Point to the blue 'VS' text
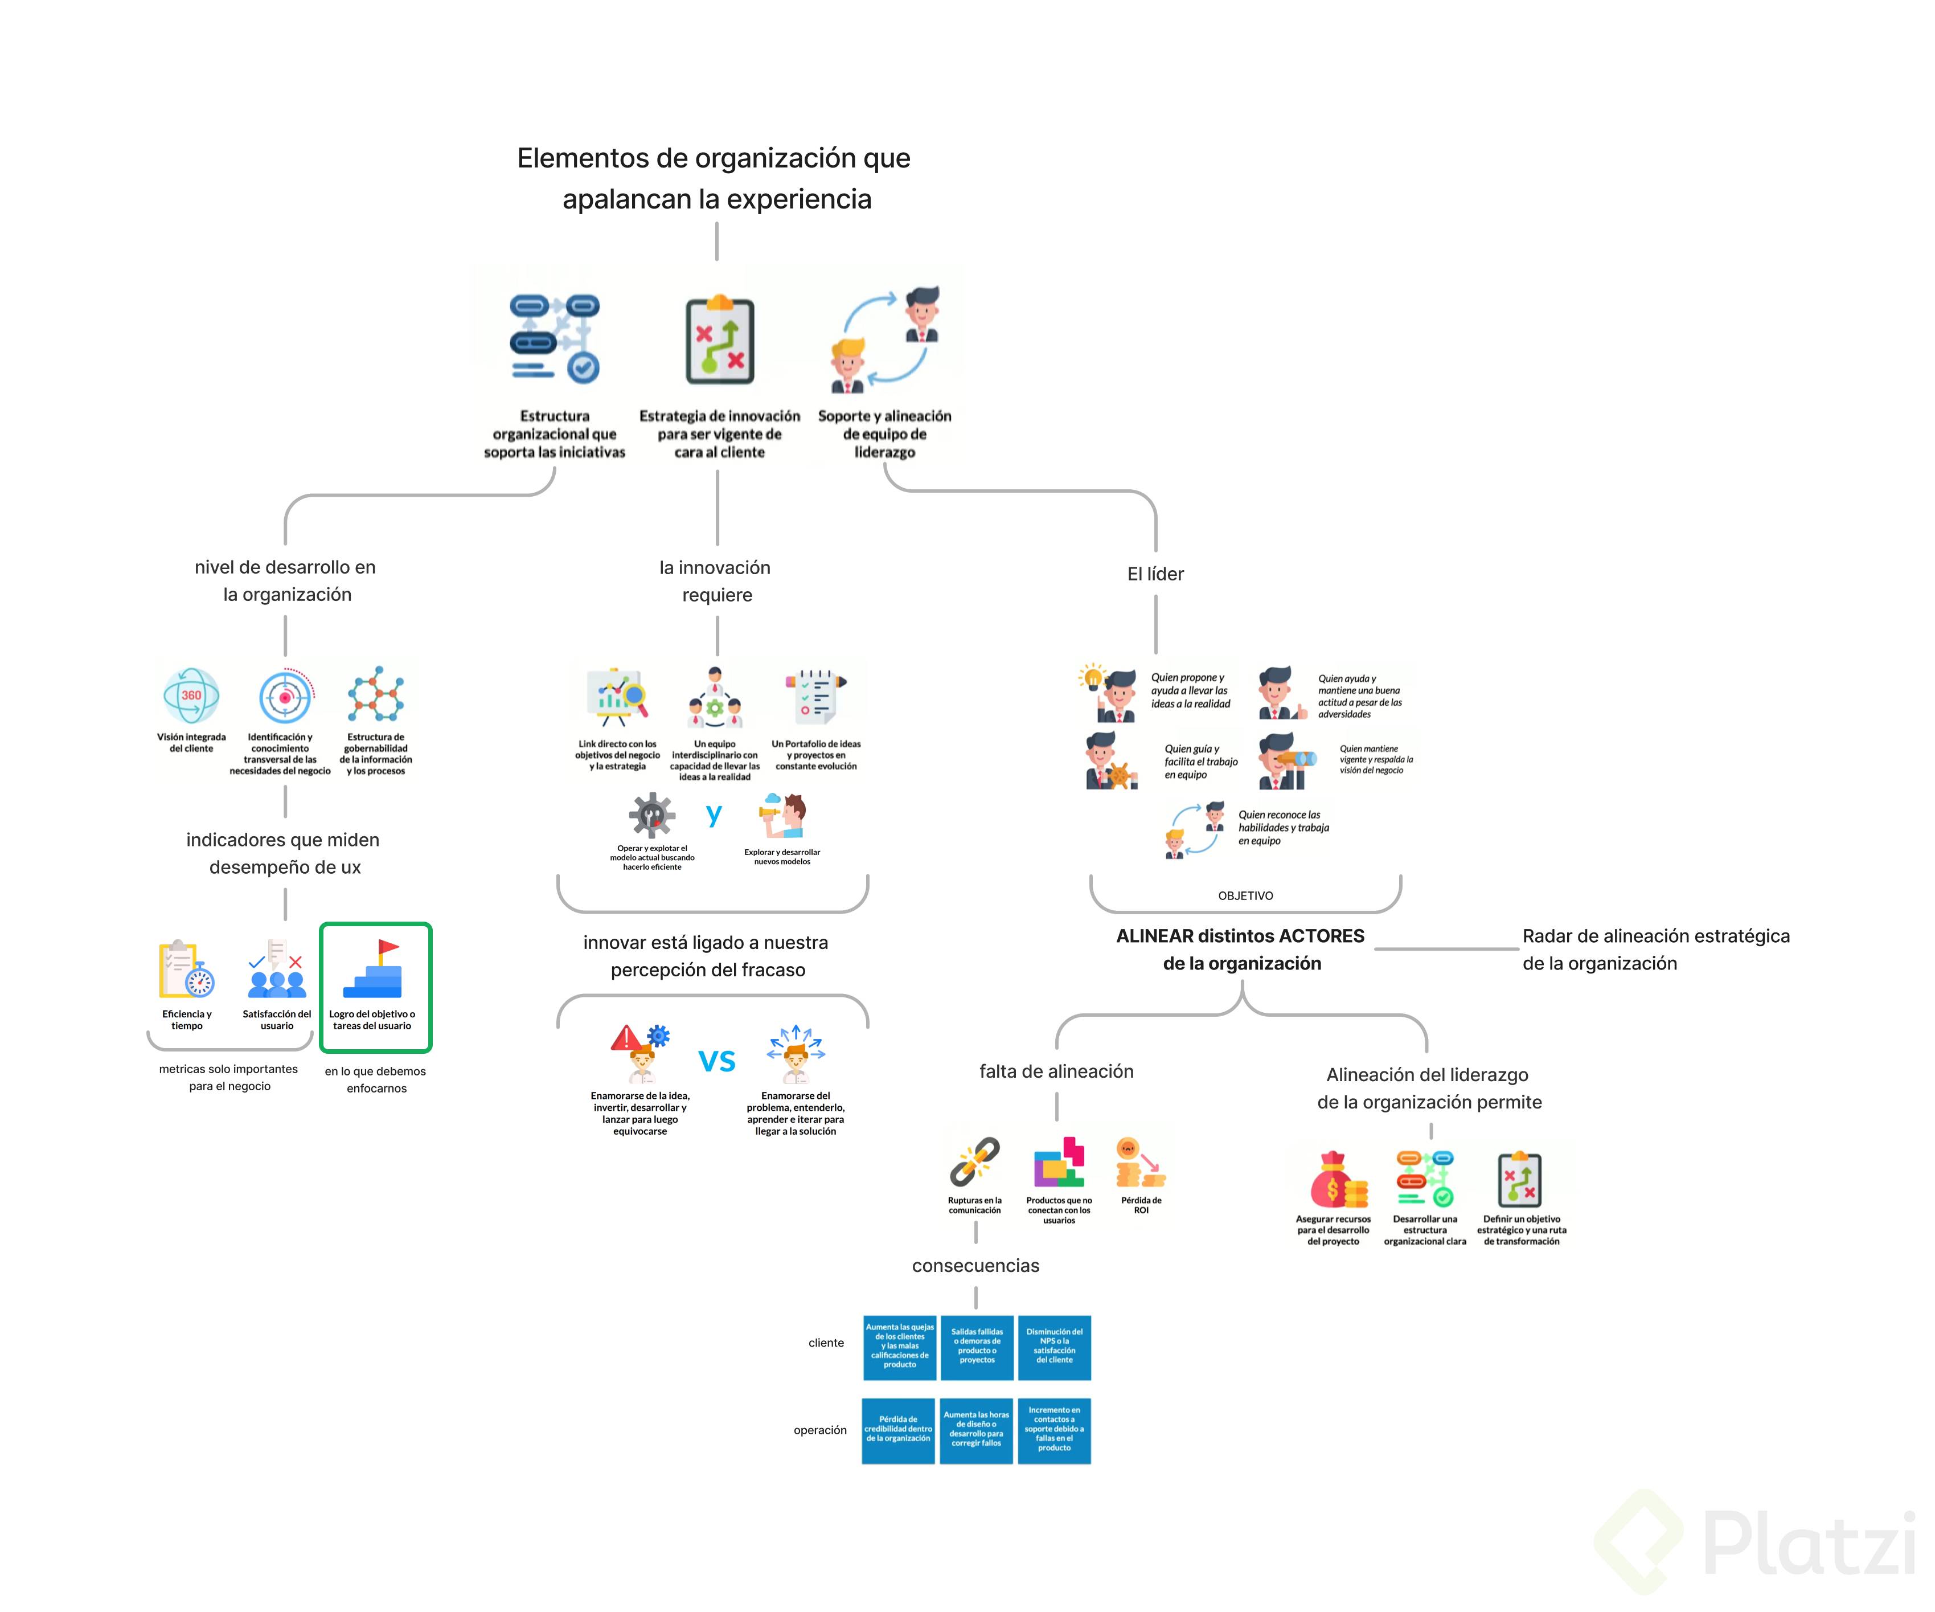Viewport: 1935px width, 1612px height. click(x=717, y=1061)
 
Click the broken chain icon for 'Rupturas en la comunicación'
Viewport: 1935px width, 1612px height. click(x=975, y=1161)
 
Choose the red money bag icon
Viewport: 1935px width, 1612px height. click(x=1333, y=1180)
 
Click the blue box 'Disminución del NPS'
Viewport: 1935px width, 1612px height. click(x=1054, y=1347)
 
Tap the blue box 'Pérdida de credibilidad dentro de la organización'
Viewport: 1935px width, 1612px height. click(x=899, y=1430)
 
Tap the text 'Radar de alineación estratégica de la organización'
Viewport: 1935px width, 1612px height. click(x=1655, y=950)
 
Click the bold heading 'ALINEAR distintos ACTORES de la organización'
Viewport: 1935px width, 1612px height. click(x=1241, y=950)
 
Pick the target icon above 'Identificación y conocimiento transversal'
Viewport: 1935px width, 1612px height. click(x=285, y=697)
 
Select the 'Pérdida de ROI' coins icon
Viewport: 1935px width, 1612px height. click(x=1140, y=1163)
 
